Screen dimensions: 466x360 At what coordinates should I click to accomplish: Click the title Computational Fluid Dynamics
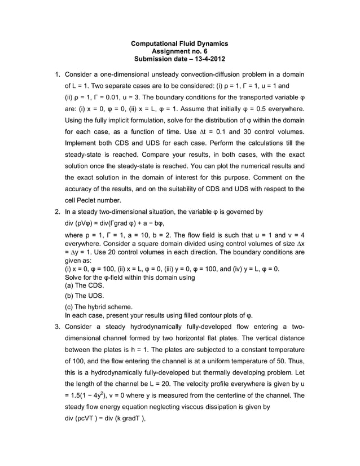pos(179,43)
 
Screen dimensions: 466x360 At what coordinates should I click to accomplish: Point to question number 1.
pos(57,74)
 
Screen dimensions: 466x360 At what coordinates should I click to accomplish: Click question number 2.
pos(57,212)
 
